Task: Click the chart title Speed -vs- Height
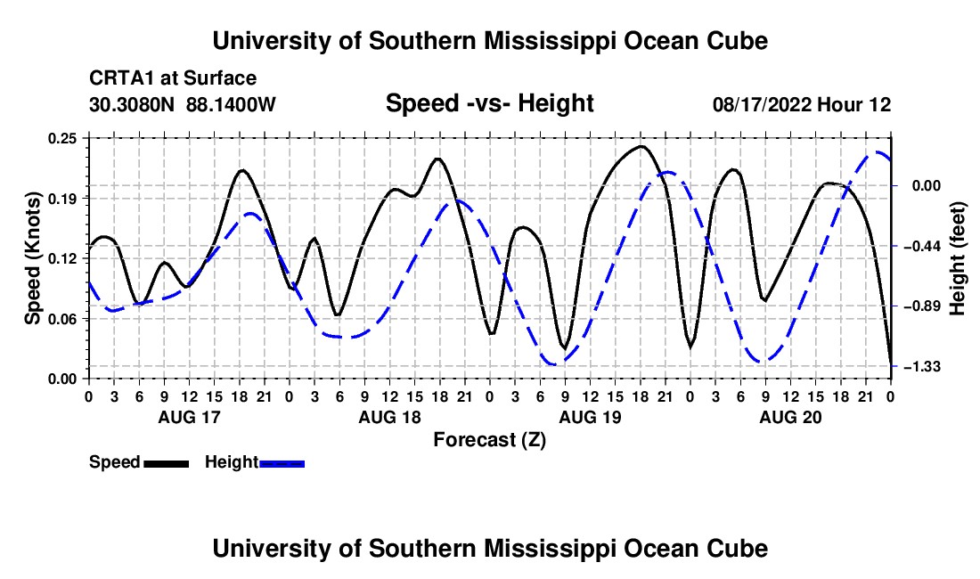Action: [x=489, y=103]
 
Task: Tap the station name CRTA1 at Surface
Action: [x=173, y=78]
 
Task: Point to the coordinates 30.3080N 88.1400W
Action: [x=183, y=104]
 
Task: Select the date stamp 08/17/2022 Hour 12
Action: [x=802, y=104]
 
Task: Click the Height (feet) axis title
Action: [x=957, y=258]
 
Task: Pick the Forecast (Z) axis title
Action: [x=489, y=440]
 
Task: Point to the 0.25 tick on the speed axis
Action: [x=62, y=139]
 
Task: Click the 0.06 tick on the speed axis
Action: [x=62, y=319]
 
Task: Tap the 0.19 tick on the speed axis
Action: [x=62, y=199]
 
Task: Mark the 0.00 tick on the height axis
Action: [x=926, y=186]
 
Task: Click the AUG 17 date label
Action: [x=190, y=417]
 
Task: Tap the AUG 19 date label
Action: [x=590, y=417]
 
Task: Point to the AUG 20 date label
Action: [x=790, y=417]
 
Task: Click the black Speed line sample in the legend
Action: [x=167, y=464]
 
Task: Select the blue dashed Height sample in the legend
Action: [x=282, y=464]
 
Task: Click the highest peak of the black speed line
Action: [x=641, y=147]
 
